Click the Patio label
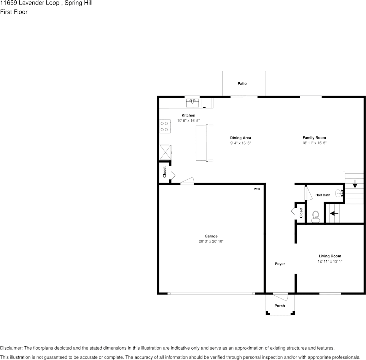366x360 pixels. (x=242, y=83)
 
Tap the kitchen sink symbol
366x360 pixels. (x=193, y=102)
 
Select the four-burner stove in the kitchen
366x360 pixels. (x=164, y=126)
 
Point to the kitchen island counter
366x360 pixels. (x=201, y=143)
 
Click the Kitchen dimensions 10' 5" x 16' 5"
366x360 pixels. (x=188, y=121)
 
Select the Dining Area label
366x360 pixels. (x=240, y=138)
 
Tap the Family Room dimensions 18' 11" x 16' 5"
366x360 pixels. (x=314, y=143)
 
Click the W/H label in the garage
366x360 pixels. (x=257, y=189)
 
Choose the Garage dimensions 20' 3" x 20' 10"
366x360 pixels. (x=211, y=241)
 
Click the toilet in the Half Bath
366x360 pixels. (x=315, y=217)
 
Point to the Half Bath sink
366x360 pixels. (x=339, y=193)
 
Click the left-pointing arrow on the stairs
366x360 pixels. (x=334, y=213)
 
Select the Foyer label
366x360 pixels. (x=280, y=264)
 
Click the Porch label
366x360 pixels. (x=280, y=306)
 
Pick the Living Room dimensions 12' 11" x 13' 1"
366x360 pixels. (x=330, y=261)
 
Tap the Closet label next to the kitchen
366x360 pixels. (x=165, y=172)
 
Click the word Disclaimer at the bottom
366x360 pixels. (x=11, y=348)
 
